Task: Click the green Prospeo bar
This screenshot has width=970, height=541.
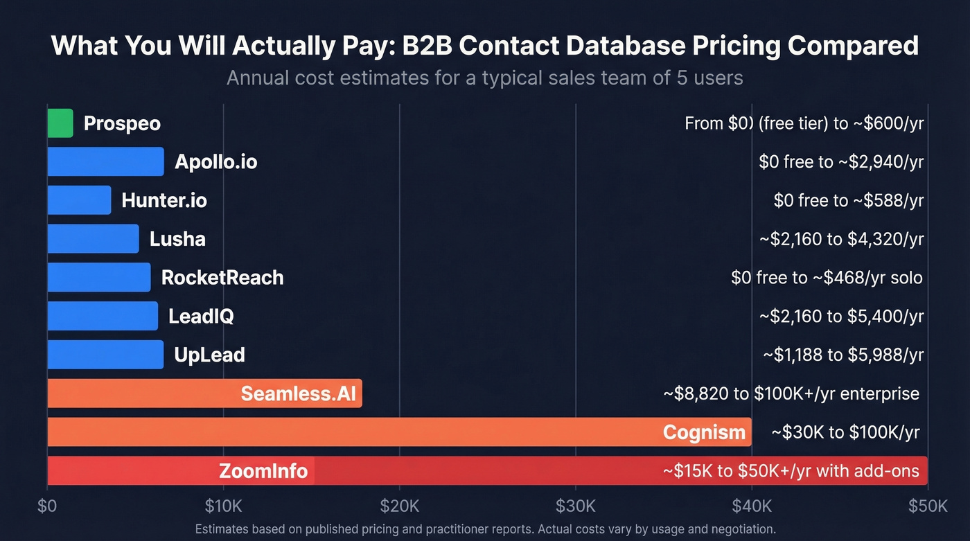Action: [x=60, y=123]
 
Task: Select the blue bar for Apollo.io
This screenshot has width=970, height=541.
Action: [x=105, y=162]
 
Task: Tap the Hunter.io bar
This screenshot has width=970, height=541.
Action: [x=79, y=200]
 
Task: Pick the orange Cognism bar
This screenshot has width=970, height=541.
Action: [x=346, y=432]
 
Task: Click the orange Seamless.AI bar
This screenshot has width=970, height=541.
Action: [x=139, y=393]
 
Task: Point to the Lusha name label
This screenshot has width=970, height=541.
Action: [x=177, y=239]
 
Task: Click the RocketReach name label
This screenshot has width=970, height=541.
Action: [x=222, y=278]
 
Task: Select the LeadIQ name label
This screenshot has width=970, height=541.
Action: [x=201, y=317]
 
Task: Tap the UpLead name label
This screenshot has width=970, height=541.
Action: [x=210, y=355]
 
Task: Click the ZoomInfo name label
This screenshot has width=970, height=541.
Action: [x=263, y=471]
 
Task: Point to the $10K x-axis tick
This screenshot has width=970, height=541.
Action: [x=223, y=506]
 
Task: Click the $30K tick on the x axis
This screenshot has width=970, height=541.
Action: [x=575, y=506]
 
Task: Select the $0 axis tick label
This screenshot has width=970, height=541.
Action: [x=47, y=506]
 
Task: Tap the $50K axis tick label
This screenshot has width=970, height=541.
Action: [x=927, y=506]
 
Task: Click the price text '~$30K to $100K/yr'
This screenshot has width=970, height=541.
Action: [x=845, y=432]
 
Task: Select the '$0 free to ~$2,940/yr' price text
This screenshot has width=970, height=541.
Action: [x=841, y=162]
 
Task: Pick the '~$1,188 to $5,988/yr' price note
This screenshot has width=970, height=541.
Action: [x=843, y=355]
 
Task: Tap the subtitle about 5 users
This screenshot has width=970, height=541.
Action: [x=485, y=78]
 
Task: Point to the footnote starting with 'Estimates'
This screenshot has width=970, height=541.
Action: [x=485, y=529]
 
